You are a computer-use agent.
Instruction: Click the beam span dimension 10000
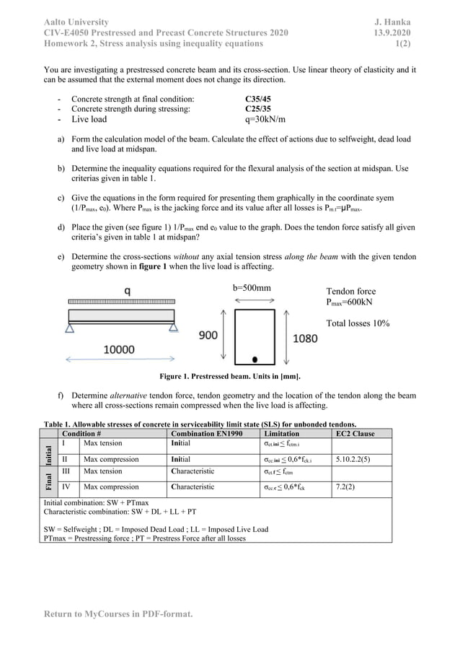pos(119,349)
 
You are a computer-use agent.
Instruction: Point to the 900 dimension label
pos(208,336)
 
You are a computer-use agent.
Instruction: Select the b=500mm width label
pos(252,287)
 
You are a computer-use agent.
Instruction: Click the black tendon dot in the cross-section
pos(255,359)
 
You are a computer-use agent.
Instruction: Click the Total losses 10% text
pos(358,323)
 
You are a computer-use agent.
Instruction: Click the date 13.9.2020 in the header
pos(392,33)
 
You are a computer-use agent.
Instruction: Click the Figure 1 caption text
pos(229,377)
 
